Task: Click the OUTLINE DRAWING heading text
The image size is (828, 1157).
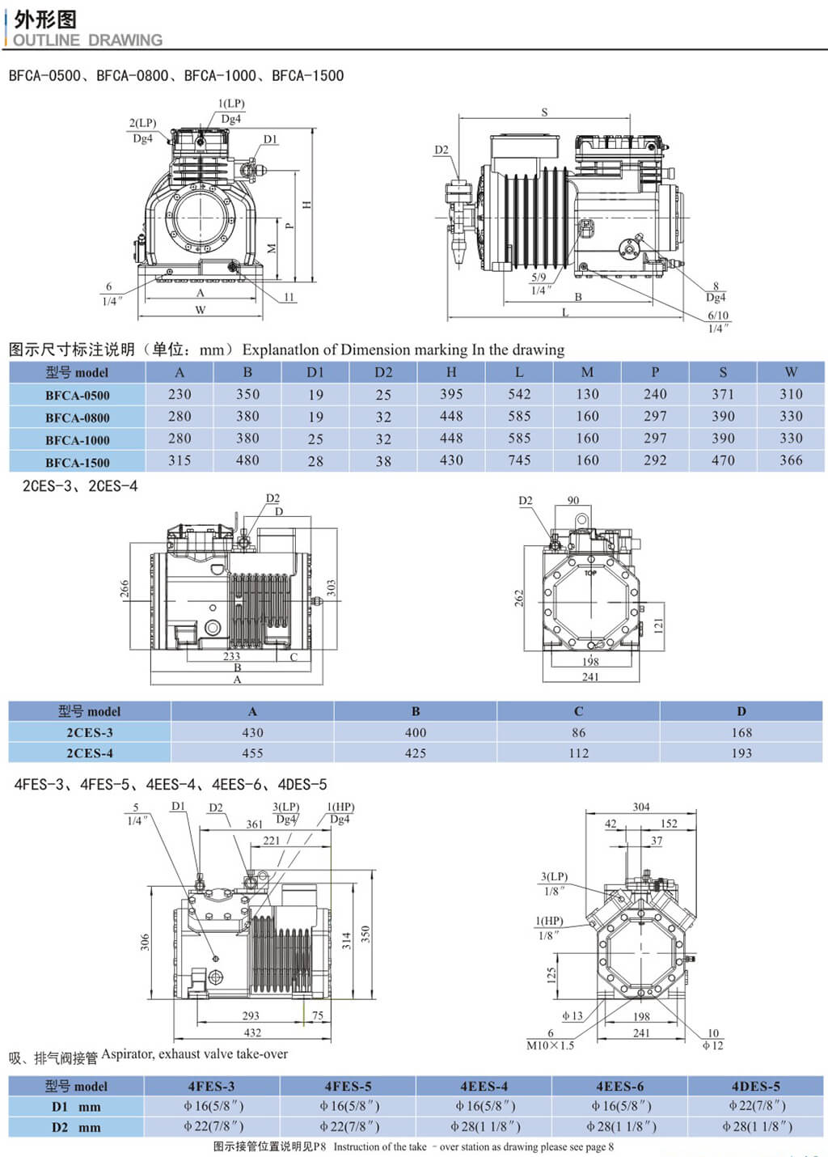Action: pos(87,40)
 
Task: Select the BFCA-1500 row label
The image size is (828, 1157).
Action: pos(78,462)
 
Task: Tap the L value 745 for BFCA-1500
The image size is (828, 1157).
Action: pos(519,460)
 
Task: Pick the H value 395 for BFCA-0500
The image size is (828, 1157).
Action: pos(451,394)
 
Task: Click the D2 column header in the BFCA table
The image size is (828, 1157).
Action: pos(383,372)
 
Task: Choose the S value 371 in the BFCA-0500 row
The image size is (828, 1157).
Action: pos(723,394)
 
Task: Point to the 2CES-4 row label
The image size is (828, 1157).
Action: pos(90,753)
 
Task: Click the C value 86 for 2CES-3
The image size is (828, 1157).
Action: pos(578,732)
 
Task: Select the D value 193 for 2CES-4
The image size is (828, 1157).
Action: pos(741,753)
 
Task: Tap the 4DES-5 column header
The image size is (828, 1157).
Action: pos(755,1086)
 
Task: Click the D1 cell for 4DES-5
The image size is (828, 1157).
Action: pos(756,1106)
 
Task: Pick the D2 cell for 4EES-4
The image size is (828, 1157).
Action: pos(484,1126)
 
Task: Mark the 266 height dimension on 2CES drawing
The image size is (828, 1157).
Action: pos(125,588)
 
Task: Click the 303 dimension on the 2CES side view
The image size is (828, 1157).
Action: pos(331,587)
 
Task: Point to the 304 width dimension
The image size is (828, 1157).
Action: pos(641,807)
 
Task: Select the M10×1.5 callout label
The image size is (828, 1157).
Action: pos(550,1045)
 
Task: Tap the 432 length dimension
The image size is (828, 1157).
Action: pos(252,1032)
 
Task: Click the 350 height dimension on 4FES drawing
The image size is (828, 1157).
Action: pos(365,934)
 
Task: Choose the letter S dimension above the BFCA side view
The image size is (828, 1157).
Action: pos(544,112)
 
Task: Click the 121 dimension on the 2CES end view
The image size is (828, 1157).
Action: pos(658,625)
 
